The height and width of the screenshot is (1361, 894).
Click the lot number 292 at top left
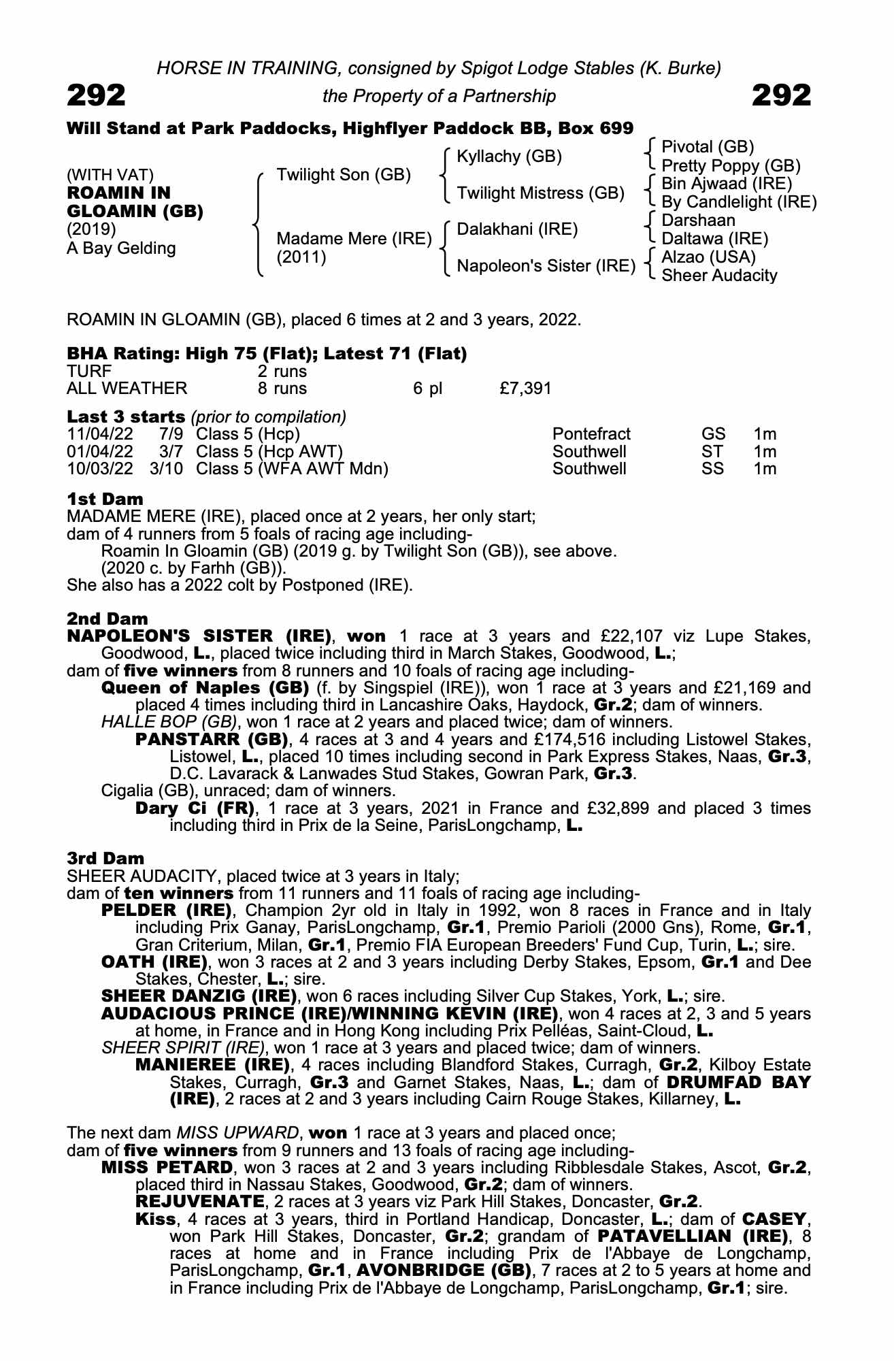click(96, 95)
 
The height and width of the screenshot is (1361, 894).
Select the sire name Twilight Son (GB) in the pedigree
click(344, 175)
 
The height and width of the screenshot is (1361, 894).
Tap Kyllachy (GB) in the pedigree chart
click(509, 157)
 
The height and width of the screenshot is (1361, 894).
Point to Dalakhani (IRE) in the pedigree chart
click(517, 229)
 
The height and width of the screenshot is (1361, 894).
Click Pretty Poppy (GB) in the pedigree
click(731, 166)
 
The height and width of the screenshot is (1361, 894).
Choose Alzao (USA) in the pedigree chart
click(708, 257)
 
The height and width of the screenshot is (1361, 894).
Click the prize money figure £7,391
click(525, 389)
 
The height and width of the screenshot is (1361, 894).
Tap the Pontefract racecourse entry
click(591, 434)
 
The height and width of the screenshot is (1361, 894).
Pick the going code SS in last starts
click(713, 469)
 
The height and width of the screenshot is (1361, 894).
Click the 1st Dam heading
click(105, 499)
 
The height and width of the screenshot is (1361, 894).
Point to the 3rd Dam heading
click(105, 859)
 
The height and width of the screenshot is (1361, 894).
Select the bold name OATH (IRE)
click(154, 962)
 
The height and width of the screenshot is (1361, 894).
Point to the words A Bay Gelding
click(121, 248)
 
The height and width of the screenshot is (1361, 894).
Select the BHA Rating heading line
click(267, 354)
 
